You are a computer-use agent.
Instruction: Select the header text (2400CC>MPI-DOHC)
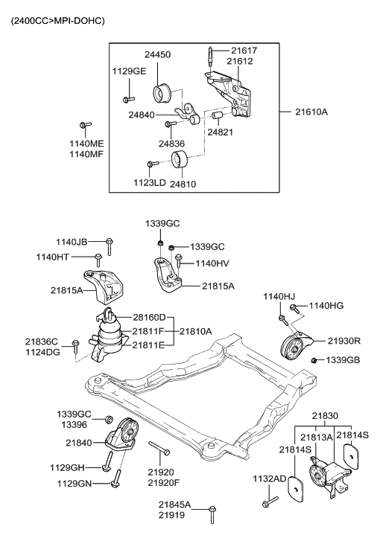(57, 20)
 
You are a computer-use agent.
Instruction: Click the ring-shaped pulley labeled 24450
(163, 95)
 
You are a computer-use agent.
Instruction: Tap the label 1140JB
(72, 241)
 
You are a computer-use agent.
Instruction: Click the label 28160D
(150, 317)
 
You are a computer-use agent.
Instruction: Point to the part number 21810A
(194, 331)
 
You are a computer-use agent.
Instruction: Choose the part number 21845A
(172, 505)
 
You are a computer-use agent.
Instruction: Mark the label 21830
(325, 416)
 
